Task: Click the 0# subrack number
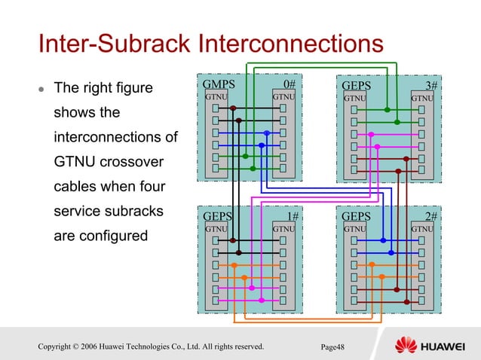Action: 289,84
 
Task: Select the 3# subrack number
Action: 431,86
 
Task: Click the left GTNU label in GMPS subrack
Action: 216,97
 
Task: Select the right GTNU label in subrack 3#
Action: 422,98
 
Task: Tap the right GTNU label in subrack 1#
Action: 283,228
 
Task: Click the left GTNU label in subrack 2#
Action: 355,228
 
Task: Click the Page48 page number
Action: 332,346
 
